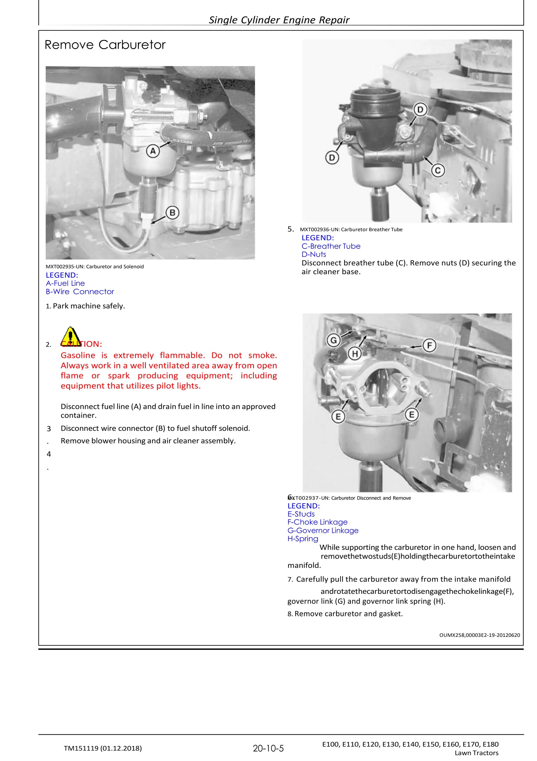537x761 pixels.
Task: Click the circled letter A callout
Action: point(153,151)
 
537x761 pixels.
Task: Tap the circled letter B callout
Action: point(172,213)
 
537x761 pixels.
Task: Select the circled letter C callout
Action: point(438,170)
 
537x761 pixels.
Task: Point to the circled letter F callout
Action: point(429,346)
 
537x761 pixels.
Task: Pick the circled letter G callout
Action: point(333,340)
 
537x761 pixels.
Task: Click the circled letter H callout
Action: point(355,354)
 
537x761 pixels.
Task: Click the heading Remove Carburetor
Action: point(105,45)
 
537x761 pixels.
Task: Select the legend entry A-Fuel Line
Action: point(65,283)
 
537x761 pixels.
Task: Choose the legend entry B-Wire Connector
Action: point(80,292)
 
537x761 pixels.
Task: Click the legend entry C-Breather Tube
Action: point(331,246)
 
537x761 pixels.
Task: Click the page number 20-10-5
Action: point(268,748)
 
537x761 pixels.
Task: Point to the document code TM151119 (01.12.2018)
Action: point(103,748)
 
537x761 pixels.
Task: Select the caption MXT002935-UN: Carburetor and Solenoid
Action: point(95,267)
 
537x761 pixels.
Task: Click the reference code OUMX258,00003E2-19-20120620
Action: point(479,635)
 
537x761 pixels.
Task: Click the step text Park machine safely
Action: point(89,306)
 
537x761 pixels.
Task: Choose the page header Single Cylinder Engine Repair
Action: point(279,20)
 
